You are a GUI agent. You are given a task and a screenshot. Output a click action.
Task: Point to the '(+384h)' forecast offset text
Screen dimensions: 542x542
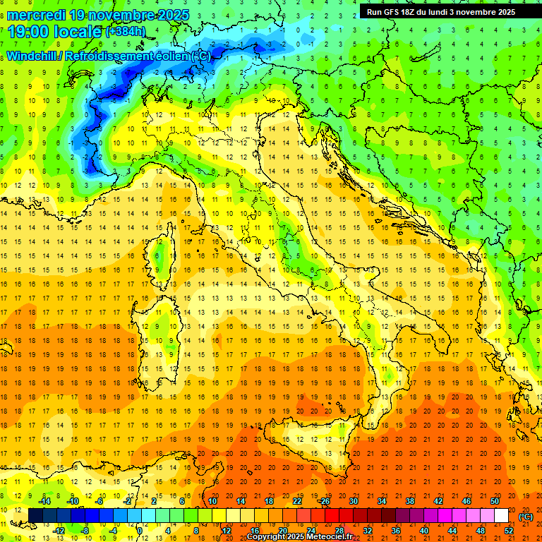point(125,32)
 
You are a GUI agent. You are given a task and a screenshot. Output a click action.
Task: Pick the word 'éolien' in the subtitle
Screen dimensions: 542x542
point(169,56)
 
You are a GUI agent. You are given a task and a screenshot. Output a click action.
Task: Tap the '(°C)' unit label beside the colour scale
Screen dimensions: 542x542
point(526,517)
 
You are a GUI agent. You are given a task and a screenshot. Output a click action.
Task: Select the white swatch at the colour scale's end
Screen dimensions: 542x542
point(501,516)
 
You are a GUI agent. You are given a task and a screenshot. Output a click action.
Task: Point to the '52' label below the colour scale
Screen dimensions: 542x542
point(509,531)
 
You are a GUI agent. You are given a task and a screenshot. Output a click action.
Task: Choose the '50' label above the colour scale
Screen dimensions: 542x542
point(495,501)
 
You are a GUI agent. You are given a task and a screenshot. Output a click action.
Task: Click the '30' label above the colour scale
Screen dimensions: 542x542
point(354,501)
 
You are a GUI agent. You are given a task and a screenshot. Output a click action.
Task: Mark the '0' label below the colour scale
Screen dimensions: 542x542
point(140,531)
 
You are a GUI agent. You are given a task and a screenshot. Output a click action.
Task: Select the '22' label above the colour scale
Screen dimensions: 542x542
point(297,501)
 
